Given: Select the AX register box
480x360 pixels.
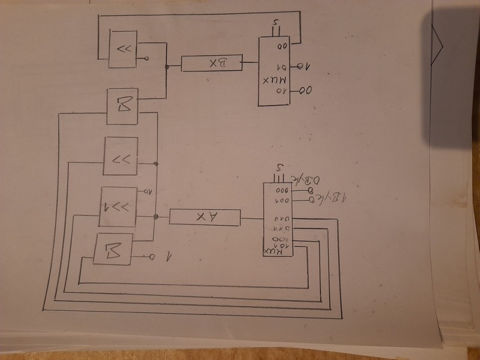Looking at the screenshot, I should [205, 218].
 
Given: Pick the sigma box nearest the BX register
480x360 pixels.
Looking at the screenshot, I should [122, 106].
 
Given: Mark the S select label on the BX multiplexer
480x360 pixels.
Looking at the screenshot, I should [275, 25].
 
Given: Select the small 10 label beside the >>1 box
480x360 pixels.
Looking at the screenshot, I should [145, 192].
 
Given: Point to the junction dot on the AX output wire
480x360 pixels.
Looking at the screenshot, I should [155, 216].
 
